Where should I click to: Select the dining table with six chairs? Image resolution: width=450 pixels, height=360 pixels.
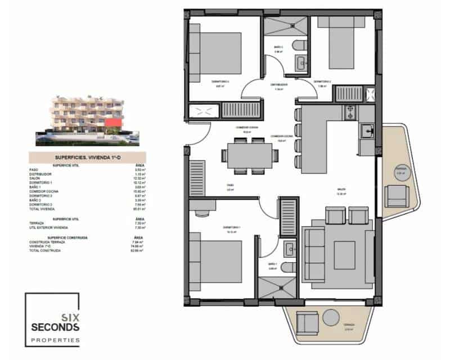pos(247,156)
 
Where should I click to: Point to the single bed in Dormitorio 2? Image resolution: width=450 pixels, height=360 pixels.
pos(340,43)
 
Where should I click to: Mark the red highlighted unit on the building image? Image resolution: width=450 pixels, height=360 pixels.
pos(114,122)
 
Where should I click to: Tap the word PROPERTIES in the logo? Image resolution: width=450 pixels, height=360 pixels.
pos(55,340)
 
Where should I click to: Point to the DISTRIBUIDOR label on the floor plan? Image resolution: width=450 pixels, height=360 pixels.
pos(280,85)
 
